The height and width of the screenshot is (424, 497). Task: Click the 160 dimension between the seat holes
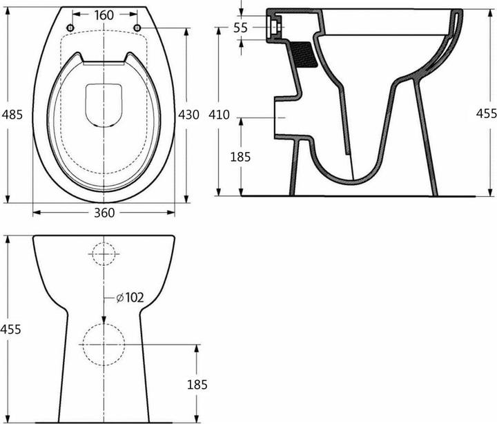pos(104,15)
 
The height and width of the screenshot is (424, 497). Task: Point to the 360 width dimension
pos(104,213)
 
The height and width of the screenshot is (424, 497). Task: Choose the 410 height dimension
pos(219,115)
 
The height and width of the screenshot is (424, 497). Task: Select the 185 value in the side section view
pos(240,157)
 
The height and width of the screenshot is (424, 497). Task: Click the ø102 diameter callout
pos(129,298)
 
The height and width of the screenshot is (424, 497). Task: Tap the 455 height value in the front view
pos(10,329)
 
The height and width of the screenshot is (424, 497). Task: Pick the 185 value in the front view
pos(197,384)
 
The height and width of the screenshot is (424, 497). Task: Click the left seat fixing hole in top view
pos(70,27)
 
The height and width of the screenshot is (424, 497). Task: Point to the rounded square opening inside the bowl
pos(104,105)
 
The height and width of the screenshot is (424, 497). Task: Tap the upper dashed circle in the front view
pos(104,253)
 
